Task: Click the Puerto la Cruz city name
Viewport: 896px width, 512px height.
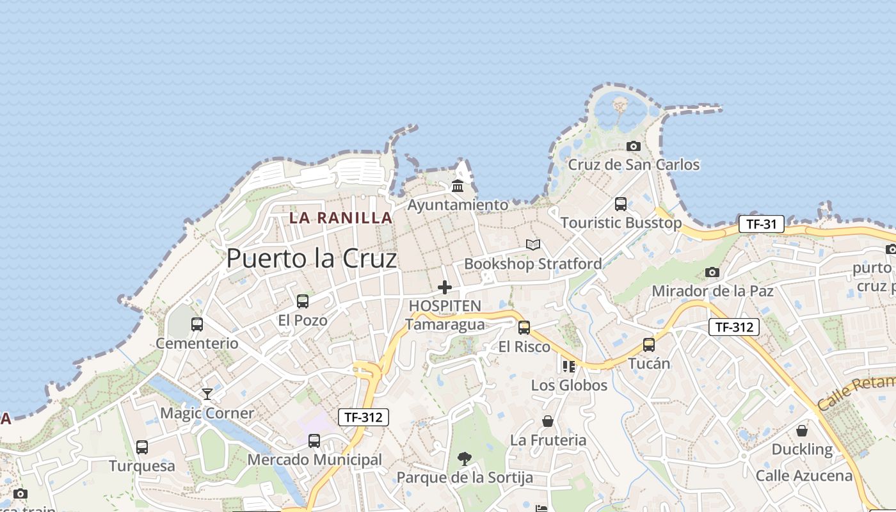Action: point(312,259)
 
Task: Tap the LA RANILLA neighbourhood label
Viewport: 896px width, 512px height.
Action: point(340,218)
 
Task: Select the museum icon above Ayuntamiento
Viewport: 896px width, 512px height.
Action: point(458,186)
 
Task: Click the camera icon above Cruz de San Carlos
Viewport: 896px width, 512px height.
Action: point(634,146)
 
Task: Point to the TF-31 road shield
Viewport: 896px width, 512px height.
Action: point(761,224)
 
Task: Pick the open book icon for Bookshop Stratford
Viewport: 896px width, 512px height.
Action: point(533,244)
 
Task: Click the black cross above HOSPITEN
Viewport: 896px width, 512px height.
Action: point(445,287)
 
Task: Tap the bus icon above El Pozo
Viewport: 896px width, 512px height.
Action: point(303,301)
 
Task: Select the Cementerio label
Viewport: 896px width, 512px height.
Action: point(197,343)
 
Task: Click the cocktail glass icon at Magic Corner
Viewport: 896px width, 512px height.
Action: point(207,394)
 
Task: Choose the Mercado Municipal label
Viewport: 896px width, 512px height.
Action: point(314,460)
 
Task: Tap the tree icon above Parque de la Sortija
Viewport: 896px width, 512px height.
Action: point(465,458)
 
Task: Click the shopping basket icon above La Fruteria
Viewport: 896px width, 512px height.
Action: point(548,421)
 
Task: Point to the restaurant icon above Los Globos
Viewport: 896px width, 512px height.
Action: point(569,366)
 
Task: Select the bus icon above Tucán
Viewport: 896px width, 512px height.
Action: point(649,344)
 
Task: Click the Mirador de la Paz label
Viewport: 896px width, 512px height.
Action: point(712,291)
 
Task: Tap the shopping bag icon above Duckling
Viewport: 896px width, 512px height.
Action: point(802,431)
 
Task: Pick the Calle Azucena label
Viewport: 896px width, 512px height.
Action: point(804,476)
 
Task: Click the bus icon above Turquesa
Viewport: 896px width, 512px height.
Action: point(142,447)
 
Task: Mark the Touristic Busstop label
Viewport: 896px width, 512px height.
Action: point(621,223)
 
